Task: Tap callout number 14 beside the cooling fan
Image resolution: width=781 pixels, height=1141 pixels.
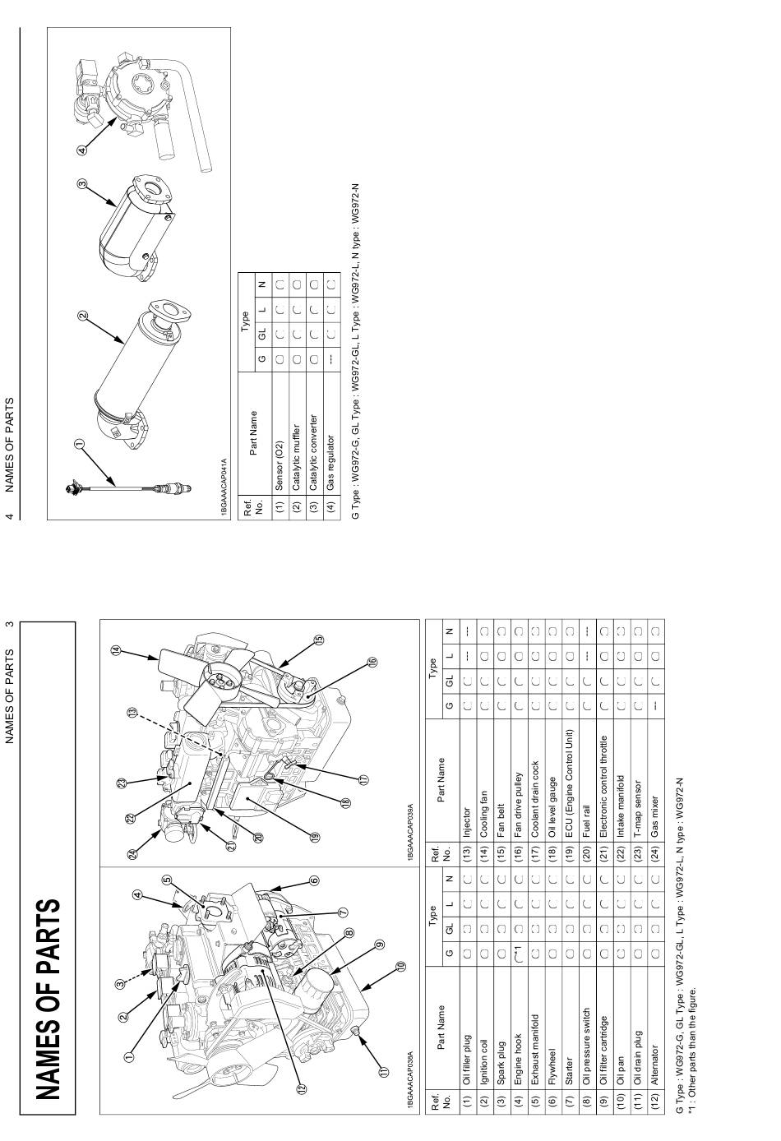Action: [116, 651]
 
